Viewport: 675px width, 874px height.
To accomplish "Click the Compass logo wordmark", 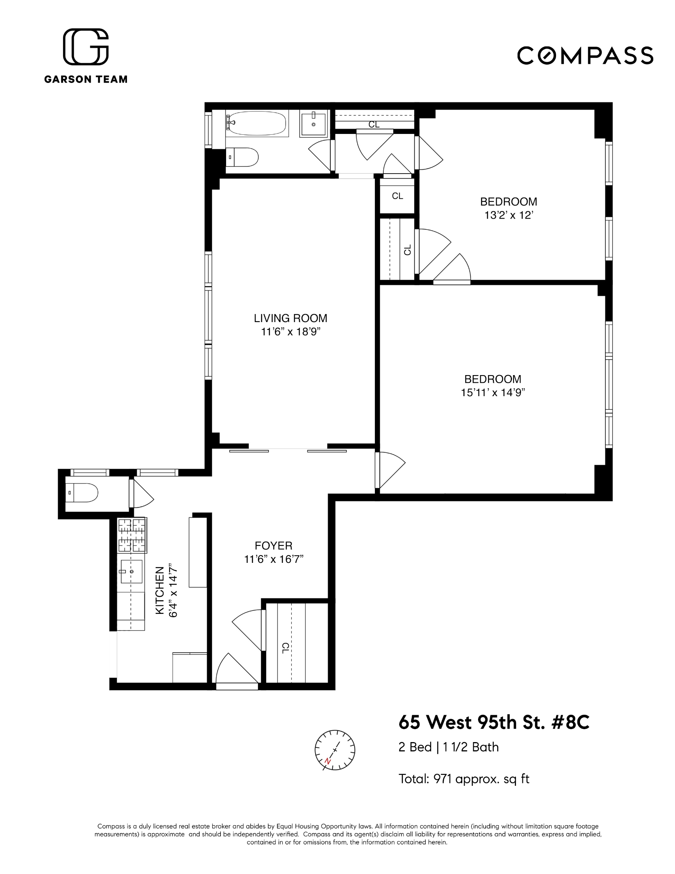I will coord(585,56).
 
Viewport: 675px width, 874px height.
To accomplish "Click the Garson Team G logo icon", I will coord(86,47).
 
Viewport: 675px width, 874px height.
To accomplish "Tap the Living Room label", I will coord(290,318).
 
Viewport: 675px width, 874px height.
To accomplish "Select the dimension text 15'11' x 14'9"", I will coord(493,392).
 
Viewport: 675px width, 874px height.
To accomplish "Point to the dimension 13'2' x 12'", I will coord(508,215).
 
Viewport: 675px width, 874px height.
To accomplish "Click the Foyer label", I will coord(273,545).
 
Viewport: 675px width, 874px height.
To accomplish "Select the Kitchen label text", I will coord(160,591).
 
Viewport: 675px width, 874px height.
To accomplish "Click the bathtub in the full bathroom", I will coord(257,123).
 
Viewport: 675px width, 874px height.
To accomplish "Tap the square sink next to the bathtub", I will coord(313,124).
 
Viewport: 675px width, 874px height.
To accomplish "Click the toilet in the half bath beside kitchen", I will coord(83,492).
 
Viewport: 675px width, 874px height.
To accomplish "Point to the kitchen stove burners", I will coord(132,535).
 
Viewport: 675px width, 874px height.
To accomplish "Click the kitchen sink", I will coord(131,571).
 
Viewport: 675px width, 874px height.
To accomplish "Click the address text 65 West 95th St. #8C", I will coord(494,722).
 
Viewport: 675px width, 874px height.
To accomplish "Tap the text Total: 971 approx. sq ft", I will coord(464,779).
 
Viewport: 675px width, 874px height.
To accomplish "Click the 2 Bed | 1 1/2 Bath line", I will coord(449,747).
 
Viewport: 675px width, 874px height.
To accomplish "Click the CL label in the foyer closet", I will coord(285,648).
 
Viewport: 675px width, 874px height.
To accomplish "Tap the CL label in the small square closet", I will coord(397,196).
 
